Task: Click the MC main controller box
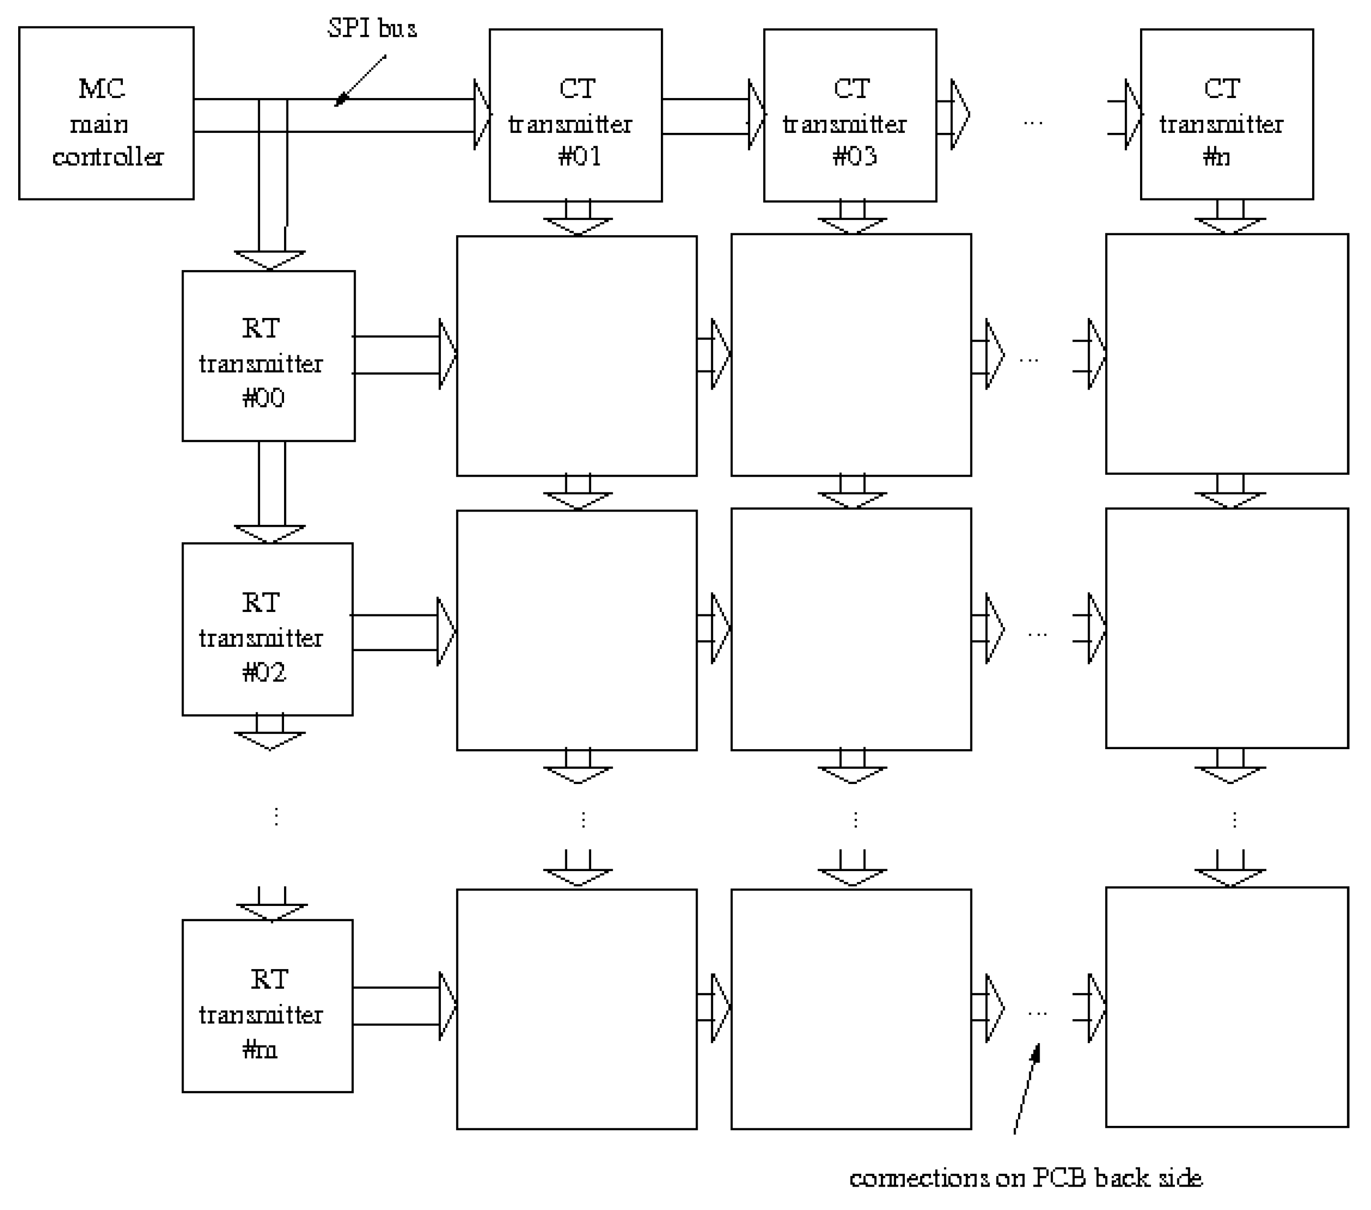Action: tap(106, 113)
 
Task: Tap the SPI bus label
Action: tap(372, 28)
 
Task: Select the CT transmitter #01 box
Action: tap(575, 115)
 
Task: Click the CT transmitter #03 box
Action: tap(850, 115)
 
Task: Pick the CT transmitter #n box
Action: tap(1226, 114)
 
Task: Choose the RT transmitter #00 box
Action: tap(268, 356)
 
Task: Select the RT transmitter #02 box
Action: tap(267, 629)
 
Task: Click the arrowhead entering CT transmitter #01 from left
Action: tap(482, 115)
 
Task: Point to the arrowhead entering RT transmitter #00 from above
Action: tap(270, 260)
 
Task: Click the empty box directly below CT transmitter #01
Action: tap(576, 356)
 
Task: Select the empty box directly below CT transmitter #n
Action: tap(1226, 353)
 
